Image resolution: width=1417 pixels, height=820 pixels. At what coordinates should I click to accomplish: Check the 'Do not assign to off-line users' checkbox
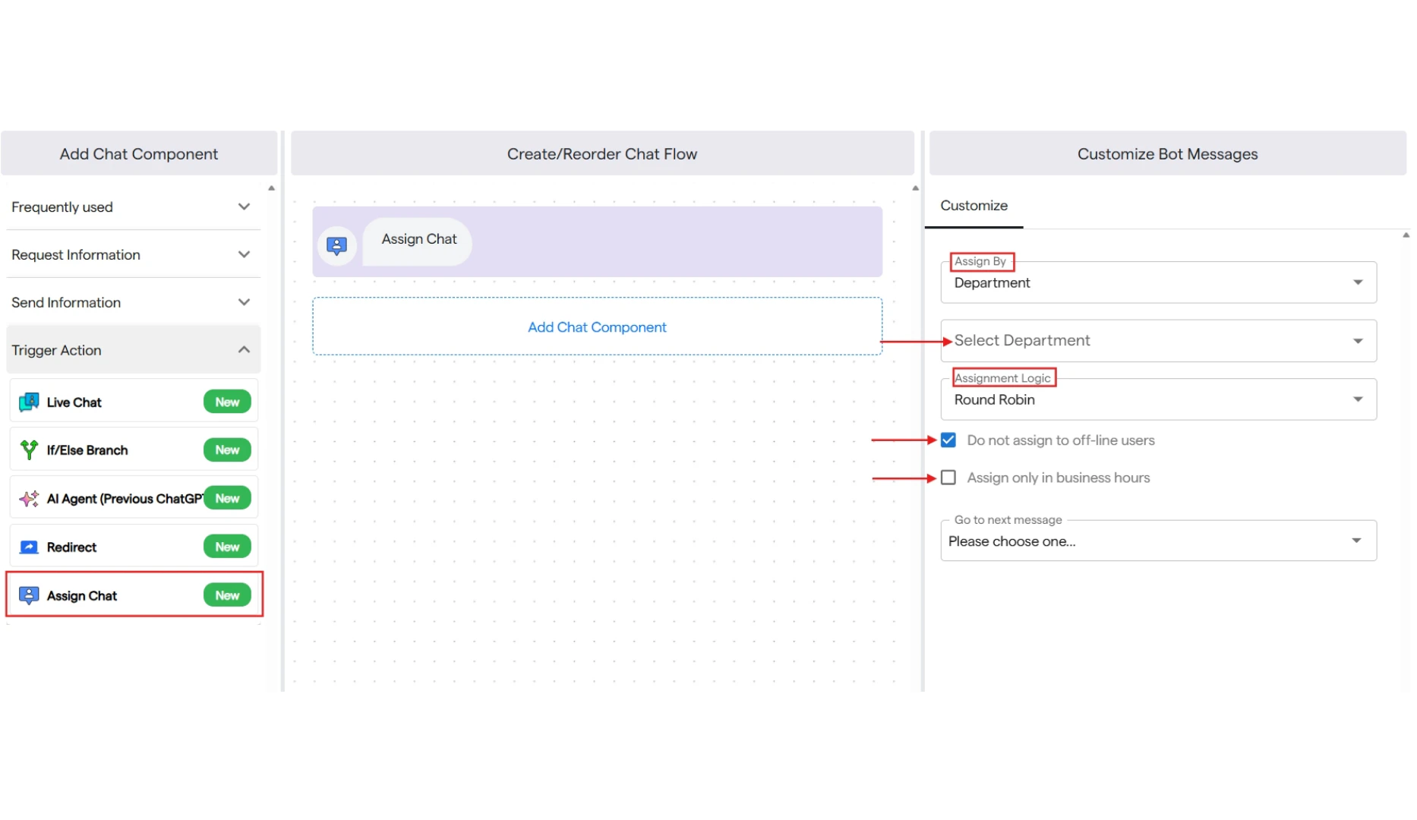pyautogui.click(x=948, y=440)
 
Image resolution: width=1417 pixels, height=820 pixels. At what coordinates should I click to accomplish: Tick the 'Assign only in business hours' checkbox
pyautogui.click(x=948, y=478)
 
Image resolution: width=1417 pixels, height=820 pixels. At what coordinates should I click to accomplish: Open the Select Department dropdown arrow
pyautogui.click(x=1358, y=341)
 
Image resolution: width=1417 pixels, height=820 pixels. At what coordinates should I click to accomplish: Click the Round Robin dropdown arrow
pyautogui.click(x=1358, y=399)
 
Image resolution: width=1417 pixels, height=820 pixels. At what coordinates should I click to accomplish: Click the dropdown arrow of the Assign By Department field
pyautogui.click(x=1358, y=282)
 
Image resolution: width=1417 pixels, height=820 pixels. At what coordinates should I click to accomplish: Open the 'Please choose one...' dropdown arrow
pyautogui.click(x=1356, y=541)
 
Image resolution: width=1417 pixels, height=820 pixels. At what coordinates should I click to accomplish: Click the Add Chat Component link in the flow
pyautogui.click(x=597, y=327)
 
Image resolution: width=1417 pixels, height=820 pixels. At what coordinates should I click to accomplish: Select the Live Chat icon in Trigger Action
pyautogui.click(x=29, y=402)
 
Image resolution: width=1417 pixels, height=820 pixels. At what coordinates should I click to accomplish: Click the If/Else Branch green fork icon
pyautogui.click(x=29, y=449)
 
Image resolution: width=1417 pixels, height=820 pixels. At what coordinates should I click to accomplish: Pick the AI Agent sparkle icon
pyautogui.click(x=29, y=498)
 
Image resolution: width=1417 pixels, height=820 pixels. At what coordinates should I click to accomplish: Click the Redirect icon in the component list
pyautogui.click(x=29, y=547)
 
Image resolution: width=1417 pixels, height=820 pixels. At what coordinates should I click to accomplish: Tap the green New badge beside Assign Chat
pyautogui.click(x=227, y=595)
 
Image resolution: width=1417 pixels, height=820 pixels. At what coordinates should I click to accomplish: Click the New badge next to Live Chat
pyautogui.click(x=227, y=402)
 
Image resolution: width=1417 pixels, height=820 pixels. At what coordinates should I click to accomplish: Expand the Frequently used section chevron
pyautogui.click(x=244, y=207)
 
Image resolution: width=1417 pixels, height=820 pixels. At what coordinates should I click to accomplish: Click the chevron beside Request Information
pyautogui.click(x=244, y=254)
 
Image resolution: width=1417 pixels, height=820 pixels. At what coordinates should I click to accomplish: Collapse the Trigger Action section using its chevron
pyautogui.click(x=244, y=349)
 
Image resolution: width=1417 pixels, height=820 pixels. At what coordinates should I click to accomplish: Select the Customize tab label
pyautogui.click(x=974, y=206)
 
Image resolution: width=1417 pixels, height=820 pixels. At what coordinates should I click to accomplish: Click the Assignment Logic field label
pyautogui.click(x=1002, y=378)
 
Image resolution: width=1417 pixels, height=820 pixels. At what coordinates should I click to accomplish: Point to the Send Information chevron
pyautogui.click(x=244, y=302)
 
